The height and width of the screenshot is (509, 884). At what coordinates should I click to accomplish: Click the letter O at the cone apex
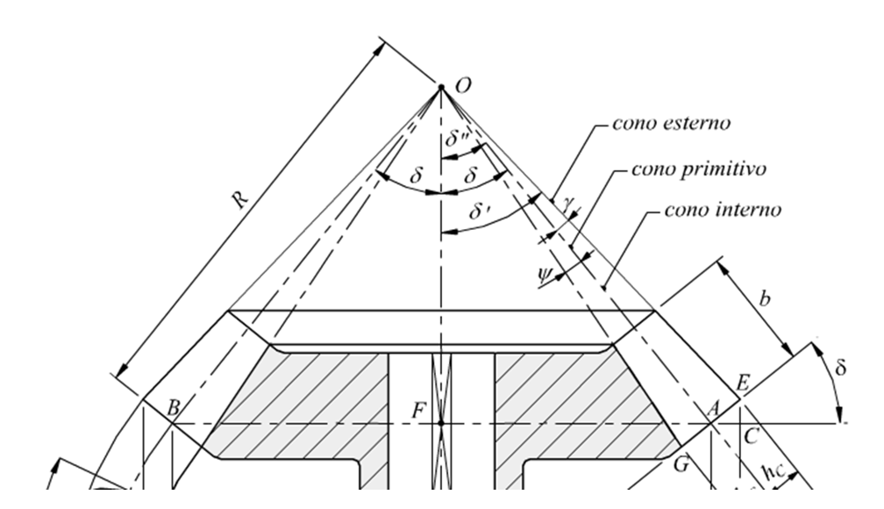coord(464,85)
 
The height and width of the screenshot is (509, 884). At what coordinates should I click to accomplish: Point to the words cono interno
coord(723,211)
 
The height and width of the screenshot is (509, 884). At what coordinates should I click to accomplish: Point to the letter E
coord(744,383)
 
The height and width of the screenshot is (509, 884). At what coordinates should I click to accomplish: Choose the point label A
coord(712,408)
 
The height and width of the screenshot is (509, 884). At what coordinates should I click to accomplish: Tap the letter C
coord(750,434)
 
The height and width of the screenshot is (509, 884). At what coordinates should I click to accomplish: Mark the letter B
coord(174,407)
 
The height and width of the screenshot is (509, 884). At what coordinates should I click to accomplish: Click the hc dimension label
coord(773,475)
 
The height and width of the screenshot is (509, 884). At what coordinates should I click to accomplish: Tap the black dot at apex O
coord(442,88)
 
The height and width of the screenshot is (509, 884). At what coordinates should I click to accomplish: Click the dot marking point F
coord(442,423)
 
